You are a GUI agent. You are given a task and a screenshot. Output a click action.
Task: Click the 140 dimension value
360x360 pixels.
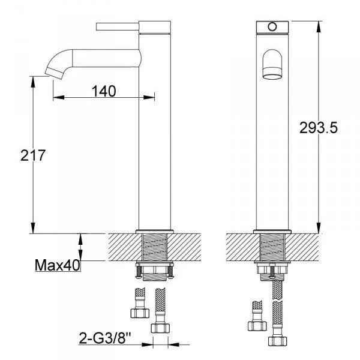(104, 91)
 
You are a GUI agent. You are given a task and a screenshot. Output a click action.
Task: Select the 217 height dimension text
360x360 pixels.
(33, 155)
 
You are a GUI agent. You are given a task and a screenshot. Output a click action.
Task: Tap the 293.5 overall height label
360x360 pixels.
(319, 128)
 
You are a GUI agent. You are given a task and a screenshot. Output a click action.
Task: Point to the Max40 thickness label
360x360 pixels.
(58, 265)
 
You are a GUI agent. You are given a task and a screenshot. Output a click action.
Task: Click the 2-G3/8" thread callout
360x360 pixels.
(104, 338)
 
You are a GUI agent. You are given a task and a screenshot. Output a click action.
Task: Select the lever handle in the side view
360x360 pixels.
(118, 26)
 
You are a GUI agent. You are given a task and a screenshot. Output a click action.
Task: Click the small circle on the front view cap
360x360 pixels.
(272, 26)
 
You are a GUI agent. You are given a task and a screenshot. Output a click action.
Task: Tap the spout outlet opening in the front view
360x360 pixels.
(272, 73)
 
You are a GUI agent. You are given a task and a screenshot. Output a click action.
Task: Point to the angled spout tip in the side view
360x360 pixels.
(55, 73)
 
